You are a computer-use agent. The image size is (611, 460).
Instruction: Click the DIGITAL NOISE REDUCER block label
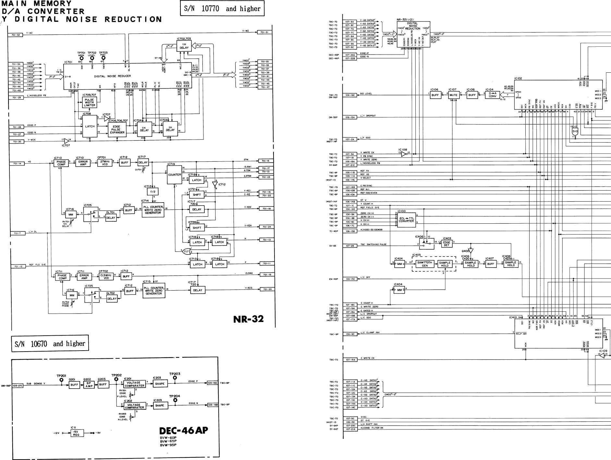(113, 76)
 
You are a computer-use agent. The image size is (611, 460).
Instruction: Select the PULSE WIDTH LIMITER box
(90, 103)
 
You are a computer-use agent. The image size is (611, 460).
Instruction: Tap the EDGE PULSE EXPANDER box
(117, 129)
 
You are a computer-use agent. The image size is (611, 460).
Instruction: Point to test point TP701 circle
(81, 58)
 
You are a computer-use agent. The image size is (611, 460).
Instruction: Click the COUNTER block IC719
(175, 175)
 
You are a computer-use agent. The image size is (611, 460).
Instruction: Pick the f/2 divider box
(152, 192)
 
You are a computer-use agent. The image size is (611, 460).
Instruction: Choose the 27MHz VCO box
(105, 163)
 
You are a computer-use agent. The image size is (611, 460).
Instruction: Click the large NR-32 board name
(248, 319)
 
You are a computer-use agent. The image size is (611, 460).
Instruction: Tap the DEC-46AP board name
(184, 431)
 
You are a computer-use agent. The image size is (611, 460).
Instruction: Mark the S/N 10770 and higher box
(222, 9)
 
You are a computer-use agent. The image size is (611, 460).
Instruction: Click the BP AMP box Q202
(89, 385)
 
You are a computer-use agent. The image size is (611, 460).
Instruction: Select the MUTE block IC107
(453, 95)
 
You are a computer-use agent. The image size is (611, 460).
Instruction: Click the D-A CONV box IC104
(493, 95)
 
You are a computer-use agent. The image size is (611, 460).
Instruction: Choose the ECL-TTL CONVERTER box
(406, 220)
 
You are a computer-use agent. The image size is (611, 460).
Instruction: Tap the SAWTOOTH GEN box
(425, 264)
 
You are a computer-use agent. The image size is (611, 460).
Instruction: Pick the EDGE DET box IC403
(447, 243)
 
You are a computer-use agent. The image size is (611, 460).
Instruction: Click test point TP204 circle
(175, 400)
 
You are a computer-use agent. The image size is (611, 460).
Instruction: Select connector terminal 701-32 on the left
(15, 35)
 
